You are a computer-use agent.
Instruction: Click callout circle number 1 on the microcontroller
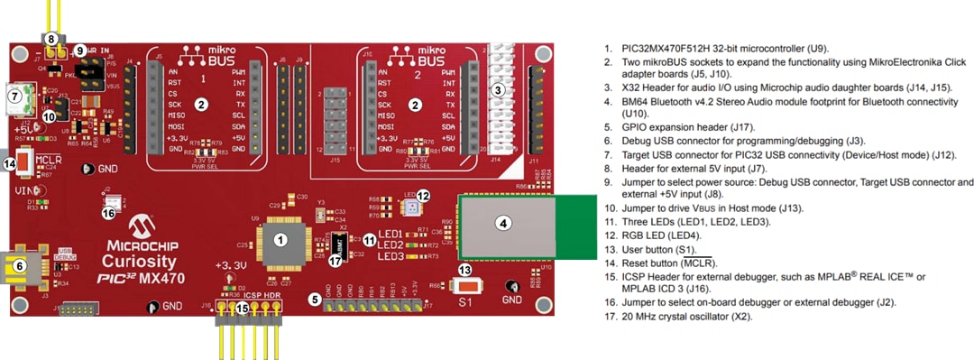[280, 240]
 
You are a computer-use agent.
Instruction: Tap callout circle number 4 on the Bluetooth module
[504, 222]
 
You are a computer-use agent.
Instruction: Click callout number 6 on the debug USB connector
[18, 265]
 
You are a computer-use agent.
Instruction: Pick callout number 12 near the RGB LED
[423, 195]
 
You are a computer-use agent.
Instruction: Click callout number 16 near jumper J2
[109, 213]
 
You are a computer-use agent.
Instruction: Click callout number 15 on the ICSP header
[242, 308]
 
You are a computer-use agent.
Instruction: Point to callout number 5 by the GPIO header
[315, 298]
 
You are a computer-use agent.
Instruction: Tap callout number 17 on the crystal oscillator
[335, 261]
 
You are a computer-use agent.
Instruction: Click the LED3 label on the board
[391, 256]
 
